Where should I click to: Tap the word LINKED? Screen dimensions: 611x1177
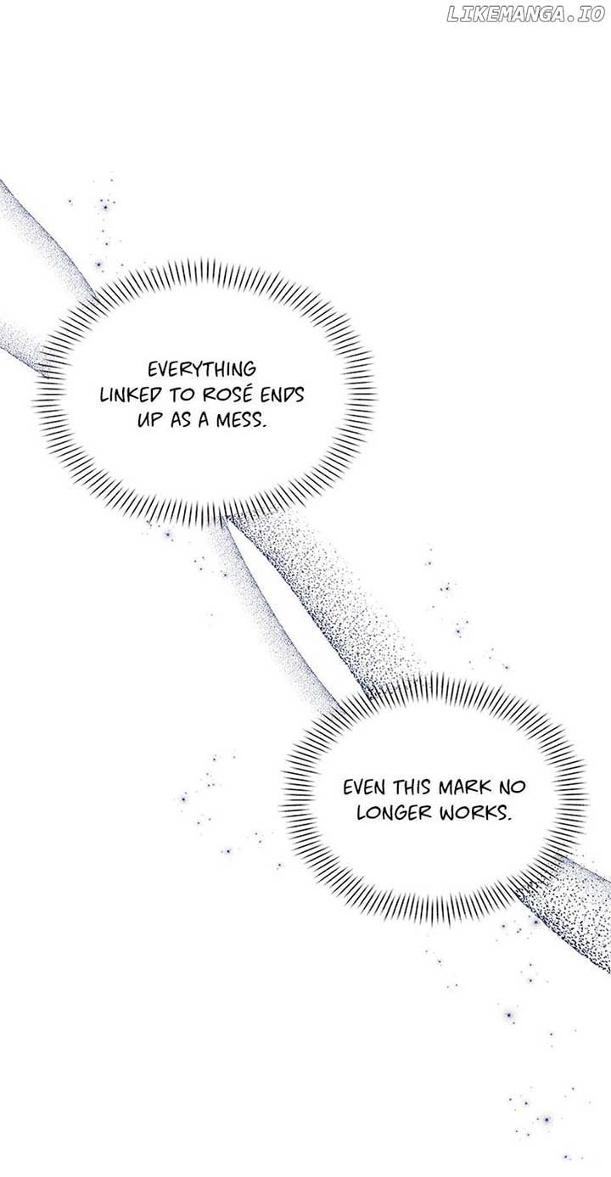pos(131,395)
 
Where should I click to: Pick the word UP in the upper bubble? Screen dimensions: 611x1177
pos(148,422)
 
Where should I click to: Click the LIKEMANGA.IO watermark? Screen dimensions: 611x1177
pos(525,15)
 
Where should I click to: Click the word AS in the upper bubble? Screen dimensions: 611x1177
pos(179,422)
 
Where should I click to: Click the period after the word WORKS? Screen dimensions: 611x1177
pos(508,819)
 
